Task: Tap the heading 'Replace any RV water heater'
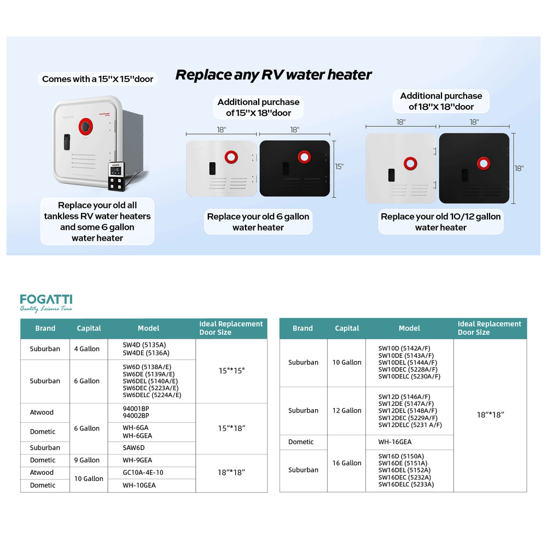pyautogui.click(x=273, y=75)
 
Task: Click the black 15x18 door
pyautogui.click(x=295, y=168)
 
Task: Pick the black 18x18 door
pyautogui.click(x=474, y=168)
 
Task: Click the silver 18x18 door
pyautogui.click(x=400, y=168)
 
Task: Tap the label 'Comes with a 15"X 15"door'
pyautogui.click(x=98, y=79)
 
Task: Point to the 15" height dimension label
pyautogui.click(x=339, y=166)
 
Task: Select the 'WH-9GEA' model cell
pyautogui.click(x=137, y=460)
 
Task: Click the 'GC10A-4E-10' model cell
pyautogui.click(x=143, y=473)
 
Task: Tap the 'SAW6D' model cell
pyautogui.click(x=133, y=447)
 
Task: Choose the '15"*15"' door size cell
pyautogui.click(x=231, y=370)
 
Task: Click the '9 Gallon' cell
pyautogui.click(x=89, y=460)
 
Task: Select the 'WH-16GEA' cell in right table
pyautogui.click(x=395, y=442)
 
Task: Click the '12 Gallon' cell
pyautogui.click(x=347, y=411)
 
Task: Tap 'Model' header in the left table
pyautogui.click(x=148, y=328)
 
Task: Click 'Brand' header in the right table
pyautogui.click(x=302, y=328)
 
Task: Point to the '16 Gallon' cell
pyautogui.click(x=347, y=463)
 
